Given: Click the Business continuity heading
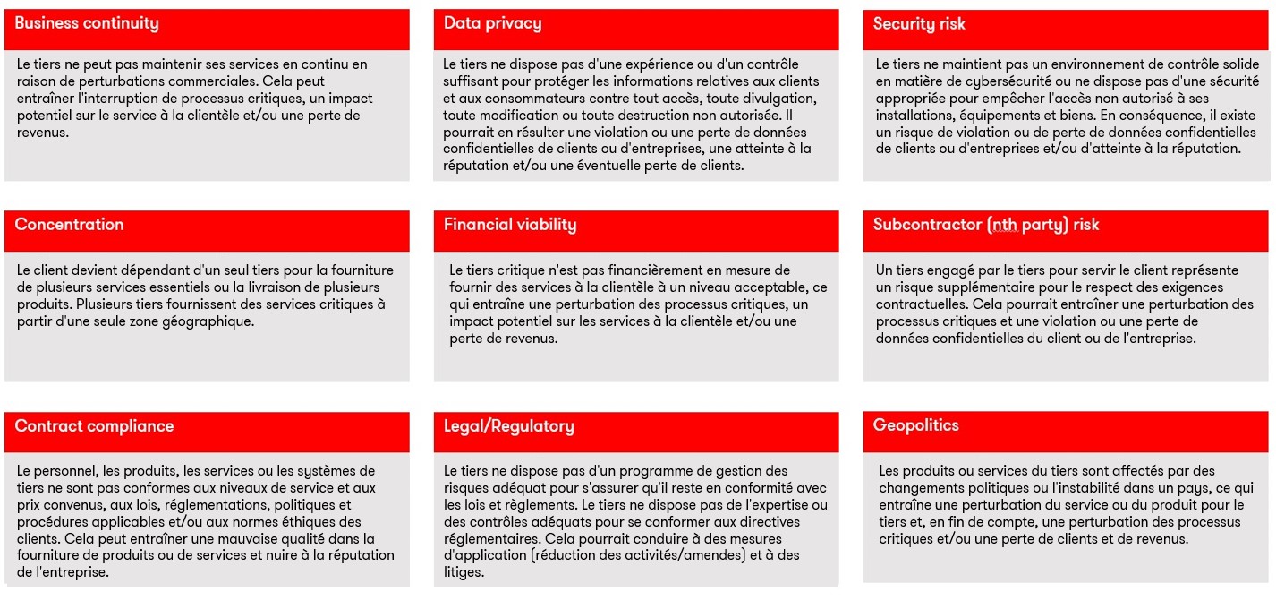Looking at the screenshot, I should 86,24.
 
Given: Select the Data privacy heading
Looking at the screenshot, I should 492,24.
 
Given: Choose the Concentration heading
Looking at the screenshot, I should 69,225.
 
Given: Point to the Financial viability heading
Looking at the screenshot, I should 510,225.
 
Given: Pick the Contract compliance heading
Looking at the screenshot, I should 94,426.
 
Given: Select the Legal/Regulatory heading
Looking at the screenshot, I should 508,426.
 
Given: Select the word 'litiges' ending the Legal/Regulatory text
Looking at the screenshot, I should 464,573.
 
